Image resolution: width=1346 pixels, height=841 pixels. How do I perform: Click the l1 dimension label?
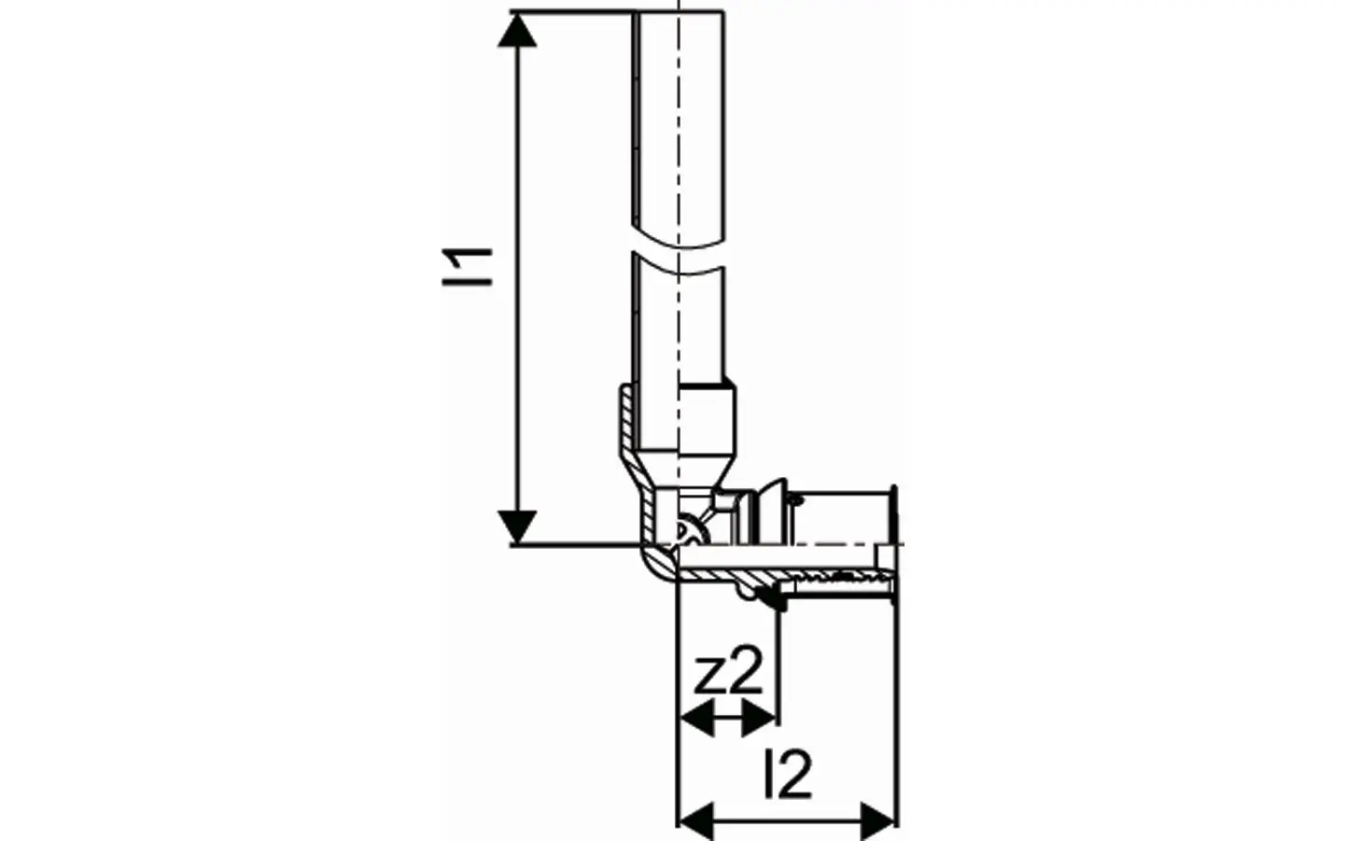click(468, 267)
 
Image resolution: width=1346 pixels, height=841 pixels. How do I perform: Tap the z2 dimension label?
click(728, 670)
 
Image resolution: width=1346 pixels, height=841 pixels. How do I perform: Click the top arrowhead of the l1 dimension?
click(517, 30)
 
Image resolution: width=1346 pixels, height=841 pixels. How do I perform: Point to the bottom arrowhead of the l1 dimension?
click(517, 527)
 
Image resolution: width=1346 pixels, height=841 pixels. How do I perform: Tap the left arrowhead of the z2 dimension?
click(696, 720)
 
